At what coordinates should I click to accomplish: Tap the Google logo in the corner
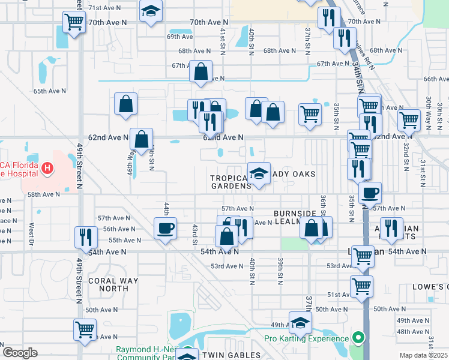19,353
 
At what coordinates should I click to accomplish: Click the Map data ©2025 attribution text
423,355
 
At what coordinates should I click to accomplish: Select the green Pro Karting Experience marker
358,338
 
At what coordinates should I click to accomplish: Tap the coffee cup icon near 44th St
165,228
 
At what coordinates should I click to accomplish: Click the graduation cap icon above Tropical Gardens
259,174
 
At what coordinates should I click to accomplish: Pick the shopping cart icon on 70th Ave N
74,22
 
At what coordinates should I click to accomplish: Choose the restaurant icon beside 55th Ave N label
85,237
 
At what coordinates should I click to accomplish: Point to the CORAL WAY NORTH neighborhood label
113,284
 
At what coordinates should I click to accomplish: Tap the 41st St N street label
223,41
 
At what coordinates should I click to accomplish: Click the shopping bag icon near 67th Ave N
200,71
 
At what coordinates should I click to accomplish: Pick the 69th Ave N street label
179,37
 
